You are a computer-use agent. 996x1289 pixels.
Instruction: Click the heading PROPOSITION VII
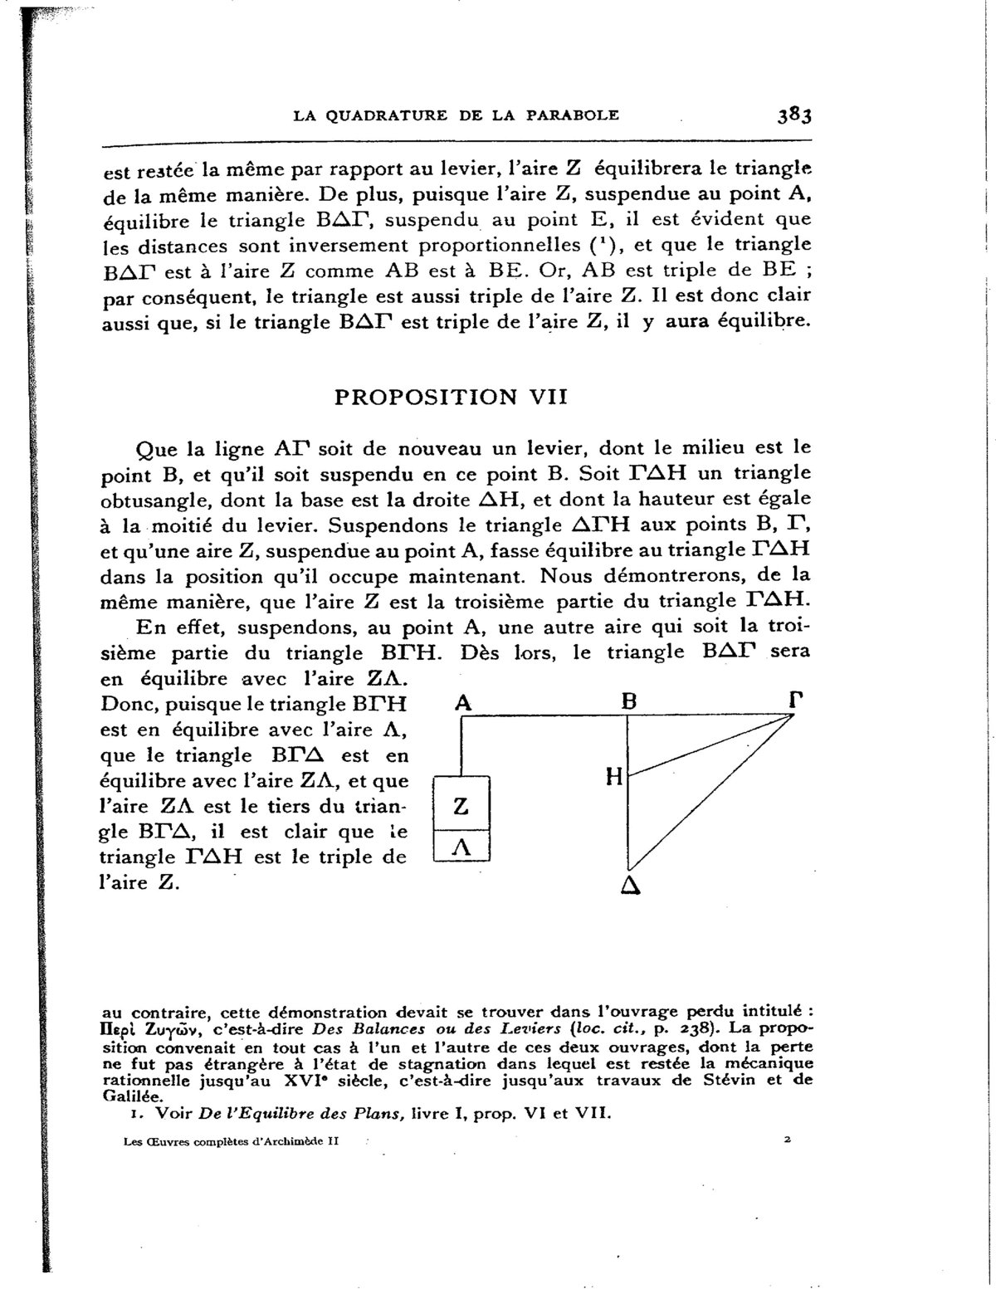pos(450,397)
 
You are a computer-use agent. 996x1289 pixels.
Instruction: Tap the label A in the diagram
pos(463,702)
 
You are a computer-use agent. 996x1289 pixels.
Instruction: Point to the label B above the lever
pos(628,701)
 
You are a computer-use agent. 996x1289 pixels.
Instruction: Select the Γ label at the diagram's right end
pos(795,701)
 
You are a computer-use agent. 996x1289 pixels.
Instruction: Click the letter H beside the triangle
pos(614,777)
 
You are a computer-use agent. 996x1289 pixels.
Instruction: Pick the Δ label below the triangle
pos(629,886)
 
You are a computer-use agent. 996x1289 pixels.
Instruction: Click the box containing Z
pos(462,805)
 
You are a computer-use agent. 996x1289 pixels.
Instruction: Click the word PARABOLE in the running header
pos(573,115)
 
